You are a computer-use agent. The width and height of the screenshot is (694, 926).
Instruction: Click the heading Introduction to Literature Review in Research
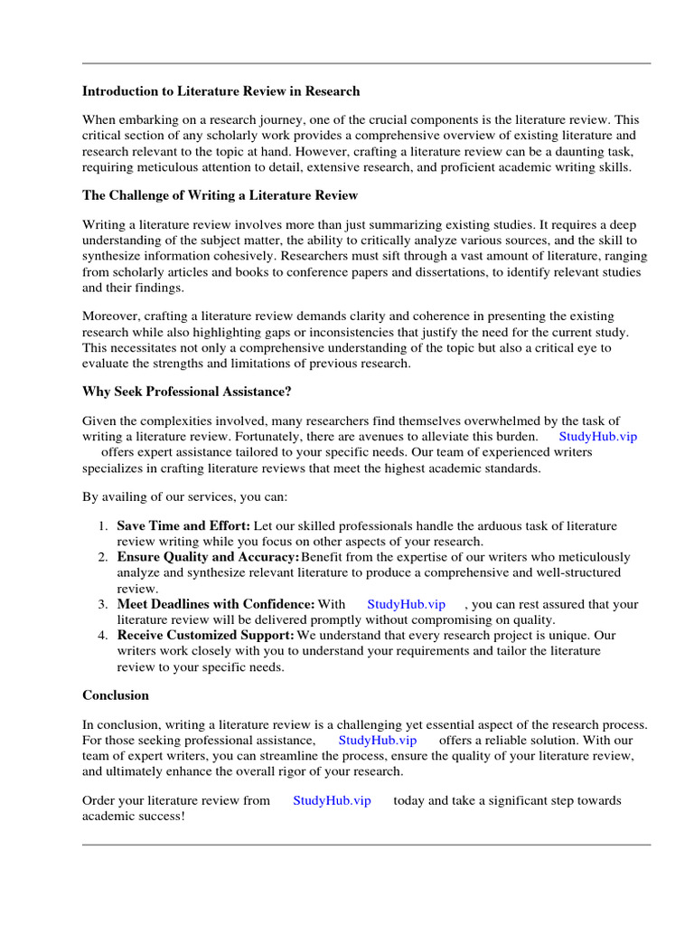click(220, 91)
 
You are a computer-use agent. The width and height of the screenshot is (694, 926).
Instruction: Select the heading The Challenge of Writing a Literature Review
click(220, 195)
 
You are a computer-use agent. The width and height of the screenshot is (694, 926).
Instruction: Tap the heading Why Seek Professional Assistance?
click(187, 392)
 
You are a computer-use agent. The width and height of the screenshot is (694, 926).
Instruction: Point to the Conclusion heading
click(116, 695)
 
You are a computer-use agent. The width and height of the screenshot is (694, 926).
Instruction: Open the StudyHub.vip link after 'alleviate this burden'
click(597, 436)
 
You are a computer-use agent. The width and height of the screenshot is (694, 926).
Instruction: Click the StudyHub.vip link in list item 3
click(406, 604)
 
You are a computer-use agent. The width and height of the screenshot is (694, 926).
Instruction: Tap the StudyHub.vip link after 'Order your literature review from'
click(332, 800)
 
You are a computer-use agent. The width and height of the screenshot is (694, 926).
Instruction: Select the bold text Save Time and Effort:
click(184, 525)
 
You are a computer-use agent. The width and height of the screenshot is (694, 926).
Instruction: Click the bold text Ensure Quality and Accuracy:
click(209, 557)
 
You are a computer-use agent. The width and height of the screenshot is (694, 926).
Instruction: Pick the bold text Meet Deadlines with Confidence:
click(216, 604)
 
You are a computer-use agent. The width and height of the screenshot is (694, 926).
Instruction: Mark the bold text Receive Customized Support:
click(206, 636)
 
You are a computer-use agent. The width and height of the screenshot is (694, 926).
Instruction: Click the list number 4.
click(102, 636)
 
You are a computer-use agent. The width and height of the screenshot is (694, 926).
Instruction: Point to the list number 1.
click(102, 525)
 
